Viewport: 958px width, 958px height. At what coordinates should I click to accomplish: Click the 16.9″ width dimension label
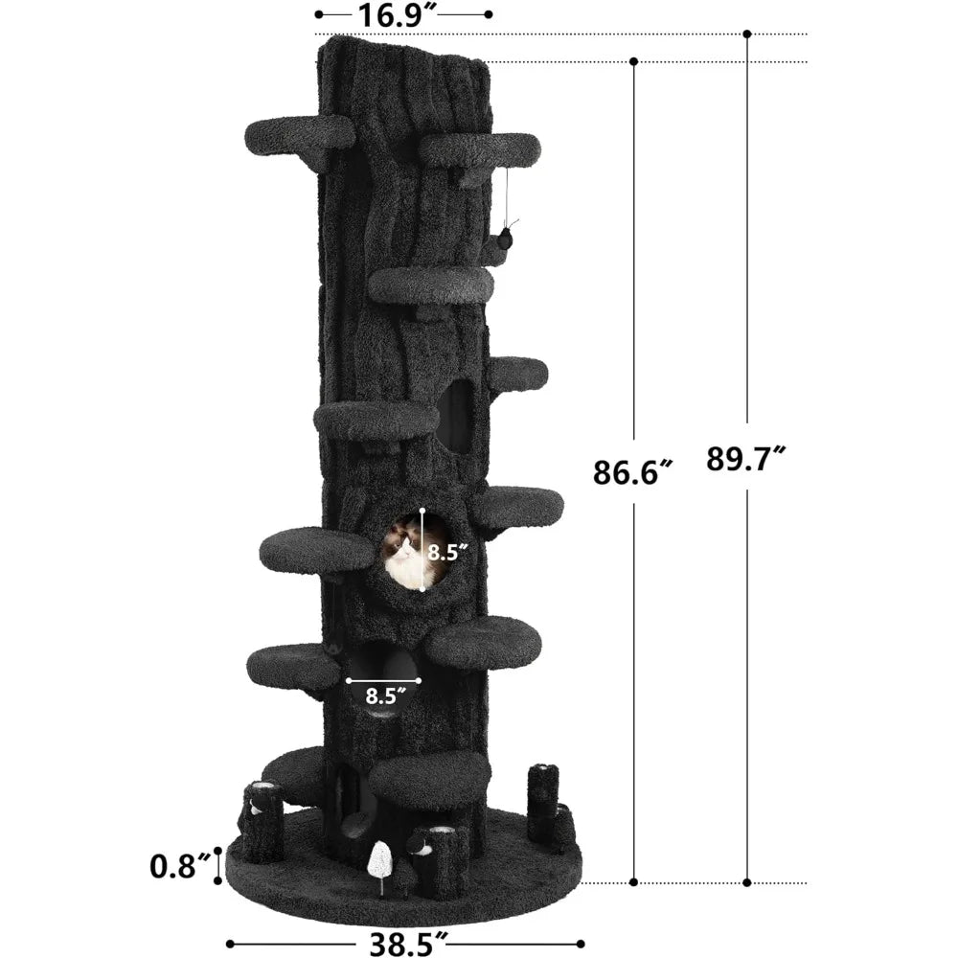(399, 14)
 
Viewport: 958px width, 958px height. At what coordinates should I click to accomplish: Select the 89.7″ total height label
(745, 459)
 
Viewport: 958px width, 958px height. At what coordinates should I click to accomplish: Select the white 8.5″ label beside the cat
(447, 553)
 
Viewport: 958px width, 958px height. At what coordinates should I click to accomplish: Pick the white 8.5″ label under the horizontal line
(386, 696)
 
